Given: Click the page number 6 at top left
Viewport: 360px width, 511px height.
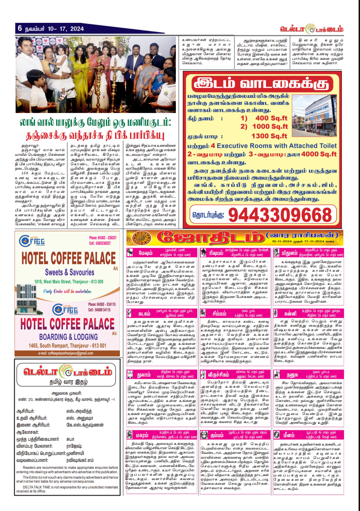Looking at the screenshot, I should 20,28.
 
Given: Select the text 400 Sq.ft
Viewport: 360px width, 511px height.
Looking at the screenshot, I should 271,118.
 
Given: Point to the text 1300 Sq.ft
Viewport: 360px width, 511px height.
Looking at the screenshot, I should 269,136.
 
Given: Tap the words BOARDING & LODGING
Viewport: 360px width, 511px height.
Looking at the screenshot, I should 68,337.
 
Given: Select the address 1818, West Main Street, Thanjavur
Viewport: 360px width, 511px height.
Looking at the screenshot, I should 69,281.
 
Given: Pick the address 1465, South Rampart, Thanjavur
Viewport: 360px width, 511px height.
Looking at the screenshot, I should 68,346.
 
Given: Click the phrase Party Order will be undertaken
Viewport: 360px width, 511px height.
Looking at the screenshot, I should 67,291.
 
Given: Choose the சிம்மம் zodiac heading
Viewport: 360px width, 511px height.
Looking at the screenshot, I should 219,314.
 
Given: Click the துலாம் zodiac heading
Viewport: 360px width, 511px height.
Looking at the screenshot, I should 144,375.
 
